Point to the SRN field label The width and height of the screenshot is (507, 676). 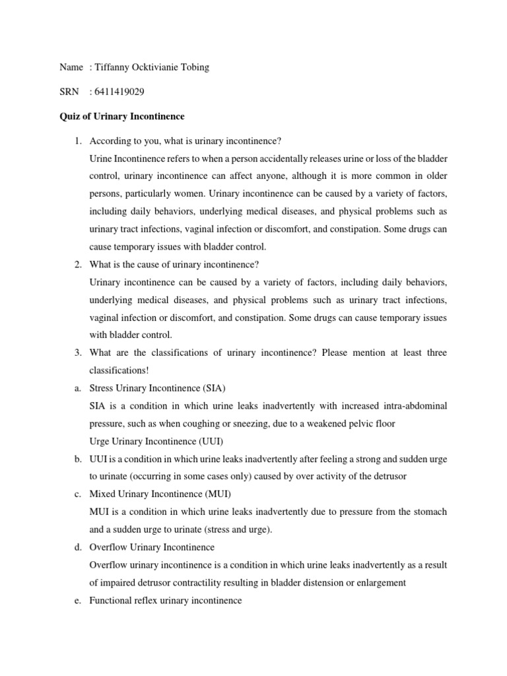coord(69,92)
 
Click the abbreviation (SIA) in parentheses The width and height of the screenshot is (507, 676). coord(221,388)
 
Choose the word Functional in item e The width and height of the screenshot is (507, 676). coord(111,601)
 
